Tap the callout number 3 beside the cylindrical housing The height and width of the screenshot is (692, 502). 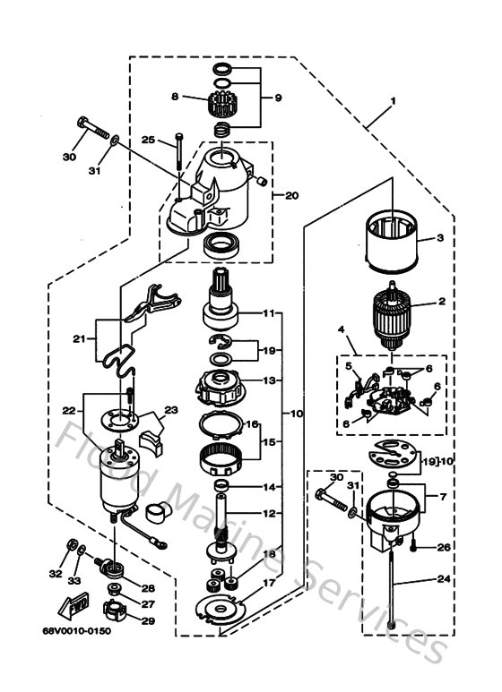[x=440, y=238]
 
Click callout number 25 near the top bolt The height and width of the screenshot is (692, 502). [x=149, y=140]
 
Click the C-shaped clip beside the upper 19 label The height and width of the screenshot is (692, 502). [x=218, y=340]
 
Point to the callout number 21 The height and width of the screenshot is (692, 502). [x=80, y=338]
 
